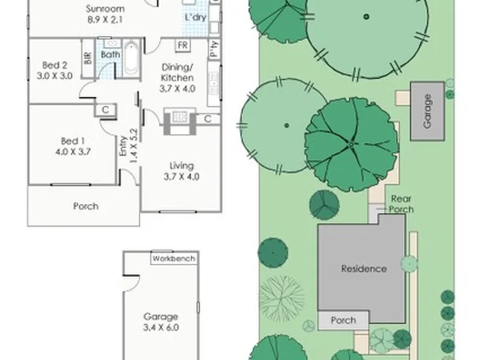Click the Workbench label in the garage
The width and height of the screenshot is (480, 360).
coord(174,259)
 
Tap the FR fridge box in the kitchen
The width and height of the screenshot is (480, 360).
coord(183,45)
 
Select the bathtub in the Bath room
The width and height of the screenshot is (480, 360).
coord(131,59)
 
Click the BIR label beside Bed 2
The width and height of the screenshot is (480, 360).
coord(88,57)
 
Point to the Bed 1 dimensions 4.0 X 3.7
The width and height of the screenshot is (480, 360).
coord(73,152)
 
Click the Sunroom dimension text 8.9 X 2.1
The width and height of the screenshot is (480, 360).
coord(105,20)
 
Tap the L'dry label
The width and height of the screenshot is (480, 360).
coord(195,17)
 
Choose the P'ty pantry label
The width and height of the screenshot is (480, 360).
coord(214,49)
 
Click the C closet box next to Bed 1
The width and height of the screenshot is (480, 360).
coord(105,109)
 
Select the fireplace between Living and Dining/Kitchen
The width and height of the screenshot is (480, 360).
coord(180,121)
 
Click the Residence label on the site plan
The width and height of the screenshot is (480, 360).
coord(364,269)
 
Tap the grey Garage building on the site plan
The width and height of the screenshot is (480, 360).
coord(427,111)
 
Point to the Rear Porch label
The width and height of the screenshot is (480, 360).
coord(401,204)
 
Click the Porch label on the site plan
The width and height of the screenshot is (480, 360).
coord(343,321)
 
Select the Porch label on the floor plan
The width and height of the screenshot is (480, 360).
coord(86,206)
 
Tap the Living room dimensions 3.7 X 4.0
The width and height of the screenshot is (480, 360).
coord(181,177)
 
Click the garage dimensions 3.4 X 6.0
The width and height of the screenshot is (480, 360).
coord(161,327)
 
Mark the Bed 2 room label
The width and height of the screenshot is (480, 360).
coord(55,65)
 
